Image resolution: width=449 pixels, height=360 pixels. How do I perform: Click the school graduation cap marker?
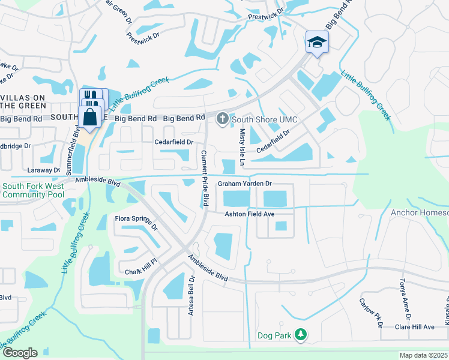coord(316,42)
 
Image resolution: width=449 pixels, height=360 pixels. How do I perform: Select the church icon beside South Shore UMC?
coord(222,119)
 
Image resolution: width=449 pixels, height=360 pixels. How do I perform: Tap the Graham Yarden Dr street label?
coord(245,184)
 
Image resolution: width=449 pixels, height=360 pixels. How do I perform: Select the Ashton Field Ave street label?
coord(249,214)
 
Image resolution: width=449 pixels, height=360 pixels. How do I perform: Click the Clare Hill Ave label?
coord(414,327)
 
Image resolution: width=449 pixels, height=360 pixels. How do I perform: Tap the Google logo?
coord(19,353)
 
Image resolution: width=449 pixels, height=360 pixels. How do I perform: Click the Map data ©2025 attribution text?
coord(423,355)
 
